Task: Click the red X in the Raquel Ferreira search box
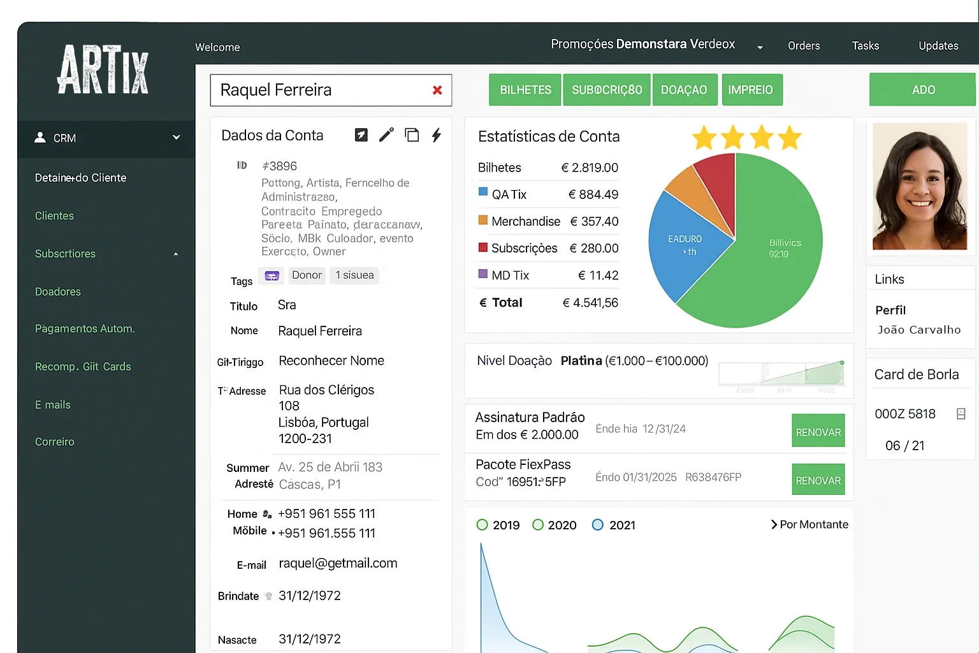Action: point(437,90)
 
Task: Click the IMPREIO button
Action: point(750,90)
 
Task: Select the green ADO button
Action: point(922,90)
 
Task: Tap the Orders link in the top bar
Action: point(804,46)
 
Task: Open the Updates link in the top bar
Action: point(938,46)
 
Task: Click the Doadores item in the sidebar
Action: point(58,291)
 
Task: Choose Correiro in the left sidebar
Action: point(55,442)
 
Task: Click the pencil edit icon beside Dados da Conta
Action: point(386,135)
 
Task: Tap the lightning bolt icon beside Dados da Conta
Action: point(437,135)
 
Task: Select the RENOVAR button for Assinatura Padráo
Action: point(818,432)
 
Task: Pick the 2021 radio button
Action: point(598,525)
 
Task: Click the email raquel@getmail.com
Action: point(338,563)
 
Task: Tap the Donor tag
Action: point(307,275)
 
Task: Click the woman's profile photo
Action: point(919,186)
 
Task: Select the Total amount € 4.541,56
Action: point(590,303)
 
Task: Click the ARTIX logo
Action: point(103,70)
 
